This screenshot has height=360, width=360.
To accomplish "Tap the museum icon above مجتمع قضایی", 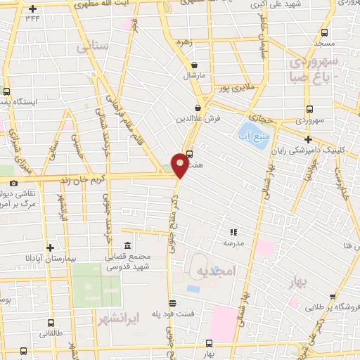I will pyautogui.click(x=127, y=245).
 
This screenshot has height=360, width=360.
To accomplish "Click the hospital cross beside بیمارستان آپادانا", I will pyautogui.click(x=50, y=248).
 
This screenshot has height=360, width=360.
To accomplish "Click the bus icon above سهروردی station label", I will pyautogui.click(x=309, y=109).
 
